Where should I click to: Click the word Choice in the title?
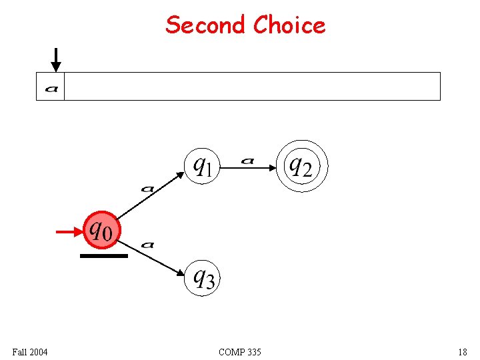click(289, 25)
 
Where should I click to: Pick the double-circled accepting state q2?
click(303, 166)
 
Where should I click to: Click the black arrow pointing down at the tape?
click(56, 59)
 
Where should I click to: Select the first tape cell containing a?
click(51, 87)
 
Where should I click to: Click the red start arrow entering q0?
click(69, 231)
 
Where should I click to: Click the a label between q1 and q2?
click(247, 160)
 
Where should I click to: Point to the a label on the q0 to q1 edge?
click(147, 189)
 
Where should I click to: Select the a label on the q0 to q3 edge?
click(148, 245)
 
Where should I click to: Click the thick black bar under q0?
click(103, 255)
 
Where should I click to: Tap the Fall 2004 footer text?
click(30, 351)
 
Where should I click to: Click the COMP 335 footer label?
click(240, 351)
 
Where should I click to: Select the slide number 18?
click(463, 351)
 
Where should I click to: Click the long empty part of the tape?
click(252, 87)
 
